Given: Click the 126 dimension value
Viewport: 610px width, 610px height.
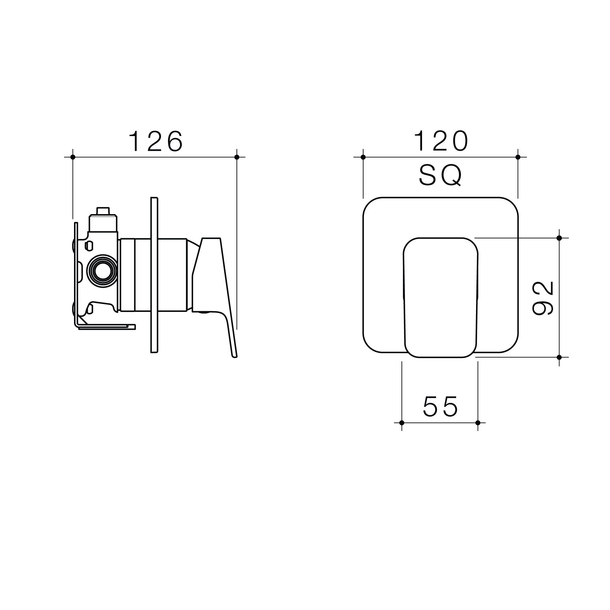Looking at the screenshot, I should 156,141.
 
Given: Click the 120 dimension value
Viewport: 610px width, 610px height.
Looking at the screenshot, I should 441,141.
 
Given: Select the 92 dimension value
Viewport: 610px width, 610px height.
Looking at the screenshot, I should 543,298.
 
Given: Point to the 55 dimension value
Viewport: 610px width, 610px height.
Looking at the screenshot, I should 440,407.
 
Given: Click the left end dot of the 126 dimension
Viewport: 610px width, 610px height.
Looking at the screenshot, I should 73,157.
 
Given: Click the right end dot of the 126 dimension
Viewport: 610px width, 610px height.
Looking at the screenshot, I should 236,157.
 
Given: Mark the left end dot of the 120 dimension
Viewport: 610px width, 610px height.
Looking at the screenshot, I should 363,157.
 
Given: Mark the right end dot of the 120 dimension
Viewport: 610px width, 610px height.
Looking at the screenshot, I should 518,157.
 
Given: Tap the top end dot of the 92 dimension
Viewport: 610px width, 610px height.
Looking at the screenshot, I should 559,238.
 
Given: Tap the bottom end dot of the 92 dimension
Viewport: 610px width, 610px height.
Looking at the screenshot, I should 559,357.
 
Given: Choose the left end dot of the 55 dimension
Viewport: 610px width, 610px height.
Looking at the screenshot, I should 401,422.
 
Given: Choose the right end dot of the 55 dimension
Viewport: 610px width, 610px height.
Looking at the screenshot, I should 477,422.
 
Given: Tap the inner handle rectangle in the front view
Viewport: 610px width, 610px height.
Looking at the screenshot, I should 440,298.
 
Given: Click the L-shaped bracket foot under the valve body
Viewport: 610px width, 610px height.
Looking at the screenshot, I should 107,326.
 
